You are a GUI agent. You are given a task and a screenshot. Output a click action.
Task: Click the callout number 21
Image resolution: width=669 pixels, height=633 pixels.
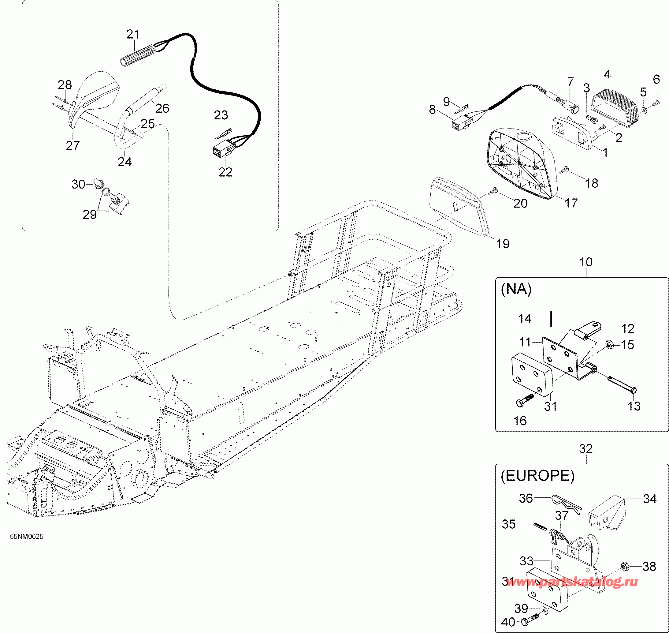coord(133,34)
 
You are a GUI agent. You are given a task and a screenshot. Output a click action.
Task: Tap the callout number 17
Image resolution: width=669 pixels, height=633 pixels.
coord(571,203)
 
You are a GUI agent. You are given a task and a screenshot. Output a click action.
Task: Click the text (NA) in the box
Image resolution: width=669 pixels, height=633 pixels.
coord(516,290)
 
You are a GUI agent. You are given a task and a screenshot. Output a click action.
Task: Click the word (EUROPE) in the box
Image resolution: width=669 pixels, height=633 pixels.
coord(537,476)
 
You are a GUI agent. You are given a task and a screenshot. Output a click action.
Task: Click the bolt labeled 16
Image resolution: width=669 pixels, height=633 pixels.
coord(524,400)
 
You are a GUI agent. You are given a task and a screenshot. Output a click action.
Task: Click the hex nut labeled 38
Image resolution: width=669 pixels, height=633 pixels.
coord(624,567)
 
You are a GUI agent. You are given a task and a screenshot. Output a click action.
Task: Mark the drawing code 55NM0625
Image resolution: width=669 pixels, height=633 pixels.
coord(27,537)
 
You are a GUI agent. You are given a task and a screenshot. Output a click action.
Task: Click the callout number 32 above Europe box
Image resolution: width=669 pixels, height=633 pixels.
coord(586,449)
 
